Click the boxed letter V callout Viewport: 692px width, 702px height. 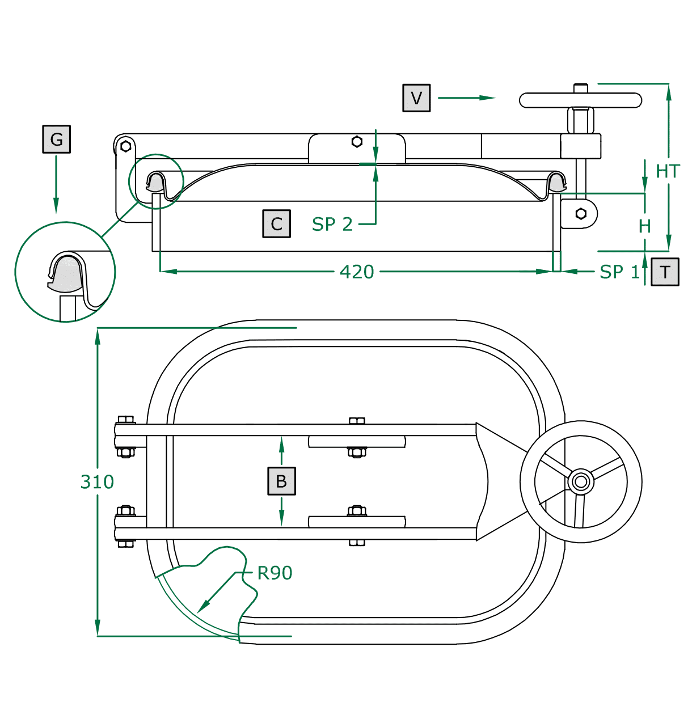click(x=416, y=98)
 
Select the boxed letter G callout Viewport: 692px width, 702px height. click(x=56, y=139)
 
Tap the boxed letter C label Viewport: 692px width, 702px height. click(x=276, y=223)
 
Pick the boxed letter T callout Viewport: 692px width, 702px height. click(x=665, y=272)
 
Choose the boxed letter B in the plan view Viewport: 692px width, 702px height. click(x=281, y=481)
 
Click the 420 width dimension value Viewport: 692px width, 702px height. click(x=357, y=272)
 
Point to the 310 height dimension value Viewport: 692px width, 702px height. click(x=97, y=482)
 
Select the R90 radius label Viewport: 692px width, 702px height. click(x=275, y=573)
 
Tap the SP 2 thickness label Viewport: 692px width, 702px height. click(x=332, y=225)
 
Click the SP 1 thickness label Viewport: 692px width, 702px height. click(x=619, y=272)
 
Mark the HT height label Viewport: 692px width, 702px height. click(x=668, y=171)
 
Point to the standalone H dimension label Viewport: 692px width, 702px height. click(x=645, y=226)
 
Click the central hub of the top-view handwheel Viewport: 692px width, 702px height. click(x=581, y=482)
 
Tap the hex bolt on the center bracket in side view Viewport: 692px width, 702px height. click(x=357, y=141)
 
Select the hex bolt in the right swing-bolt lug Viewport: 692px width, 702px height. click(x=581, y=214)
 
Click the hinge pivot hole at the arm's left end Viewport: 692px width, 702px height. click(x=126, y=146)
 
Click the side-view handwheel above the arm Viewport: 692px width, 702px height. click(x=580, y=100)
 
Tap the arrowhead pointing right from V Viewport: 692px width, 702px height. click(x=489, y=98)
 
